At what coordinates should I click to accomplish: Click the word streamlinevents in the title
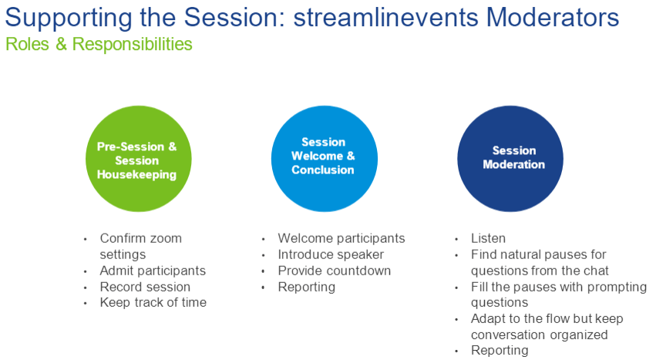pos(385,18)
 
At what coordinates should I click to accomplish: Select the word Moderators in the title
pos(552,18)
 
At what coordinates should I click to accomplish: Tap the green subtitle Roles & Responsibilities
pos(99,44)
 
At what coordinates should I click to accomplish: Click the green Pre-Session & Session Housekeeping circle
pos(139,159)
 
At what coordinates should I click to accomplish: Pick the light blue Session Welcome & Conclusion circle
pos(325,159)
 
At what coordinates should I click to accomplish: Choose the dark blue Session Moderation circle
pos(510,159)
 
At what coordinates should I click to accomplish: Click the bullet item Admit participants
pos(153,271)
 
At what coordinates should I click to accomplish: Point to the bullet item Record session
pos(145,287)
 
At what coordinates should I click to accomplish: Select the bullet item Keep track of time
pos(153,302)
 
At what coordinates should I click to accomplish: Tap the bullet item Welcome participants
pos(341,238)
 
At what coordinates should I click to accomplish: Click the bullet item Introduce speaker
pos(331,254)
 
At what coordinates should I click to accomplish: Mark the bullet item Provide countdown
pos(335,271)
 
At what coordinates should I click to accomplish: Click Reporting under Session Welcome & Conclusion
pos(307,288)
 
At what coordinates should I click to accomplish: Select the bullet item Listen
pos(488,238)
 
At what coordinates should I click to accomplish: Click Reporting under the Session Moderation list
pos(500,351)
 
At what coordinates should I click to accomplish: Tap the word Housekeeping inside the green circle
pos(136,174)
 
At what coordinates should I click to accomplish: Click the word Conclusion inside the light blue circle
pos(323,170)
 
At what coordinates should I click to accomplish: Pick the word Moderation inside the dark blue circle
pos(513,164)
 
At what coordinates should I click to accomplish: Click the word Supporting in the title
pos(69,18)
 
